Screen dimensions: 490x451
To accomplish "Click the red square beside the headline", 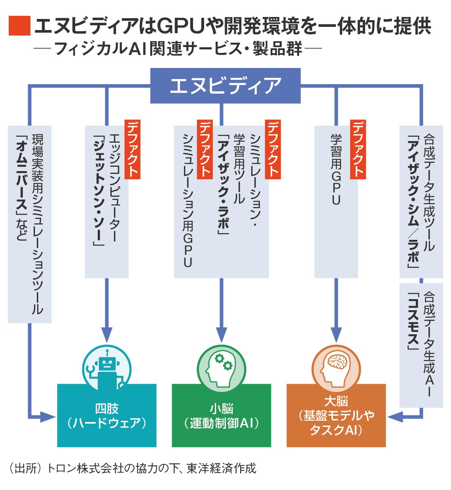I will coord(19,26).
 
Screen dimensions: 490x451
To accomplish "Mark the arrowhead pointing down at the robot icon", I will coord(107,334).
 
